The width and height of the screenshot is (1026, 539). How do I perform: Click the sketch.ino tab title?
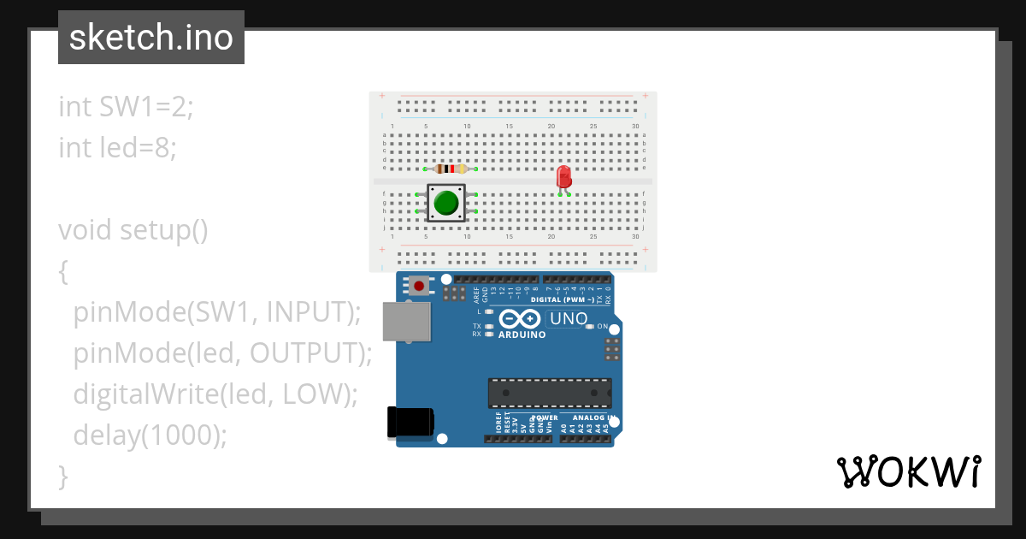[150, 38]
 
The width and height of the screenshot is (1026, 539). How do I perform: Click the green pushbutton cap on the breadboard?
[445, 203]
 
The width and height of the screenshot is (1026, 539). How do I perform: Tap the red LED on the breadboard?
[563, 177]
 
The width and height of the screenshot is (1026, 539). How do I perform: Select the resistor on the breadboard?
[450, 169]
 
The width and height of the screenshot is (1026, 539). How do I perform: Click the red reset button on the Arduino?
[419, 285]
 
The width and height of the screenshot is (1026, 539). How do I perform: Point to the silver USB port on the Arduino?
[406, 322]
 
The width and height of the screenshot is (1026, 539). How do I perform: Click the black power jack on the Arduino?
[410, 422]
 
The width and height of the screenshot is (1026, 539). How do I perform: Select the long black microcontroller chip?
[550, 393]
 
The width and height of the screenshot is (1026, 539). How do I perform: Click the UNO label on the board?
[568, 319]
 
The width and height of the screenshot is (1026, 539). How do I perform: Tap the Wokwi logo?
[908, 472]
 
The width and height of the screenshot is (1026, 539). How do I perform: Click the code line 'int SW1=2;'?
[127, 107]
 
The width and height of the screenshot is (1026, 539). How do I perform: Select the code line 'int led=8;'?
[118, 148]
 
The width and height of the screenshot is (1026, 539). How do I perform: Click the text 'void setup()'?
[133, 230]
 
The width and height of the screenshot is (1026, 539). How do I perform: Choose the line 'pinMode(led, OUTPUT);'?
[222, 353]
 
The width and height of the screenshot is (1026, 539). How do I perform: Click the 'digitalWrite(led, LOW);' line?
[215, 394]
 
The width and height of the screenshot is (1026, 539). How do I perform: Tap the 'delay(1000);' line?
[150, 435]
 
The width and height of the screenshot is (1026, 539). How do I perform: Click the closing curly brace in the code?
[62, 476]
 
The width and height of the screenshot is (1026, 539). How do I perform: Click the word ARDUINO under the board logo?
[522, 335]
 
